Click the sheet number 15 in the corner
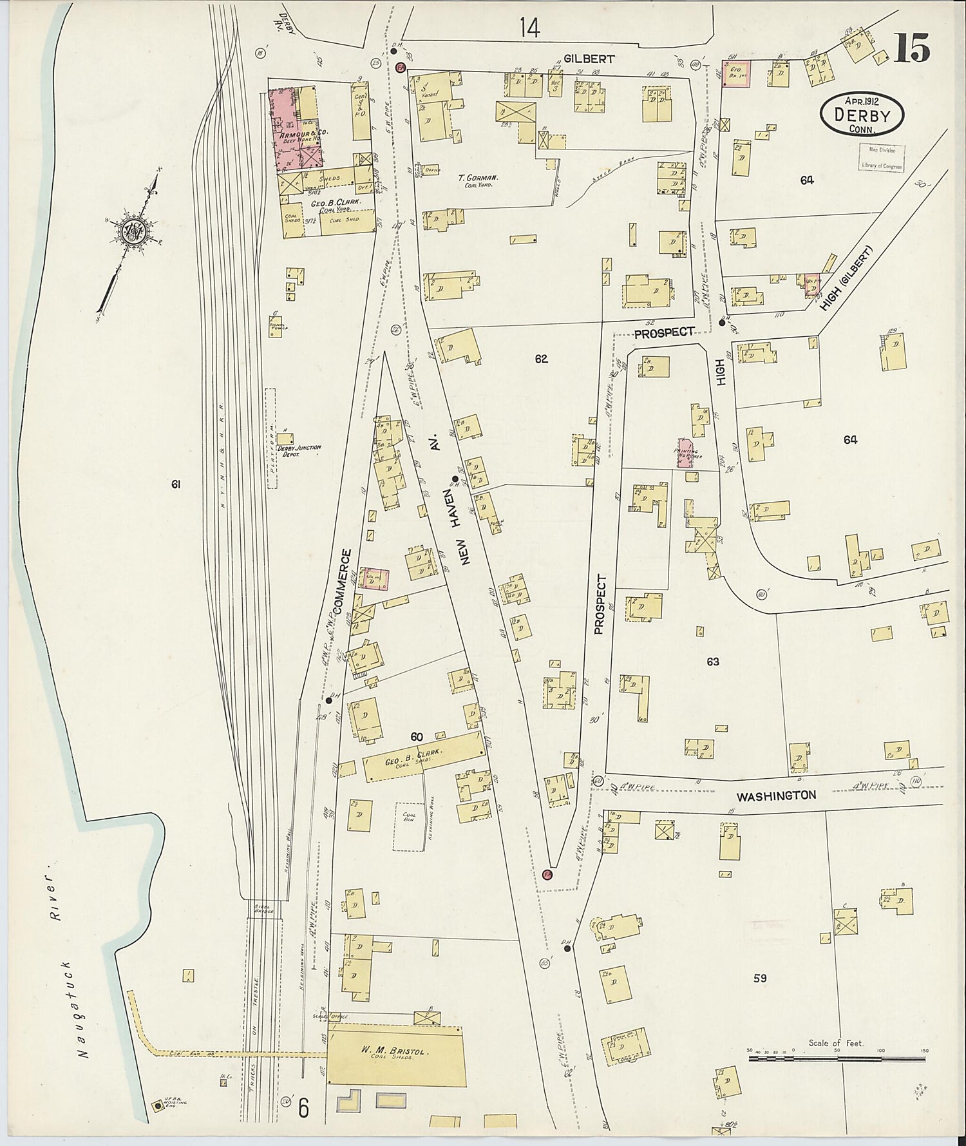coord(911,49)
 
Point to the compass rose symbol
coord(134,231)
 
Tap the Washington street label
coord(776,796)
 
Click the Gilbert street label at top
coord(589,59)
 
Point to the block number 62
coord(540,359)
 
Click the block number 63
coord(712,662)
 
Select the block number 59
coord(759,978)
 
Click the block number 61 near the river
coord(175,485)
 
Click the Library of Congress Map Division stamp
coord(880,157)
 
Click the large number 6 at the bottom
coord(304,1109)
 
